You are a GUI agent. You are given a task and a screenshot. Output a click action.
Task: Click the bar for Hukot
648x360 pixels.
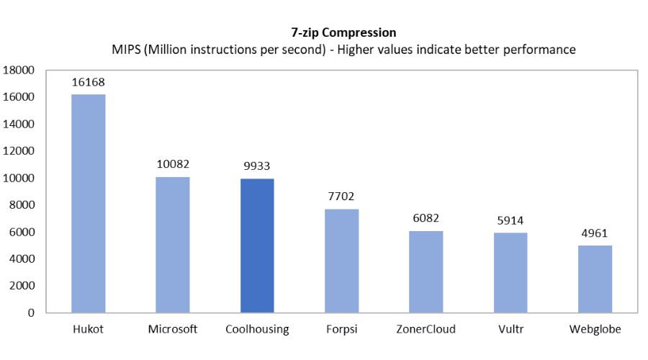click(x=89, y=204)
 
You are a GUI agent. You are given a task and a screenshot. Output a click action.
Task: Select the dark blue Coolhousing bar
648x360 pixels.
click(x=257, y=246)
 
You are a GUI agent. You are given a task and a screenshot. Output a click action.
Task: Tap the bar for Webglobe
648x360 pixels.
click(x=595, y=279)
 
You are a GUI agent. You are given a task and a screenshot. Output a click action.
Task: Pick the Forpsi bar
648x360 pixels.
click(x=341, y=261)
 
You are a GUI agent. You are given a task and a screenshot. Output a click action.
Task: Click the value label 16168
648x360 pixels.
click(x=89, y=82)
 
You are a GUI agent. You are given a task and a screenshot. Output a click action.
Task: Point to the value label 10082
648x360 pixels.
click(x=173, y=164)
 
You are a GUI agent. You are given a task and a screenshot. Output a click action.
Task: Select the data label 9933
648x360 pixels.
click(x=257, y=166)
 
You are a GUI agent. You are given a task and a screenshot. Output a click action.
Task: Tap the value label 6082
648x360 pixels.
click(x=426, y=218)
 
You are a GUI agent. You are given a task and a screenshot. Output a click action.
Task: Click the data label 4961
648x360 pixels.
click(x=595, y=233)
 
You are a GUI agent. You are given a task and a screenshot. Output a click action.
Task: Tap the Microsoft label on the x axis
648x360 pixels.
click(x=173, y=330)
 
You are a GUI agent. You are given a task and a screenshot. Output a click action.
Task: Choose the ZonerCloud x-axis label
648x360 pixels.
click(x=426, y=330)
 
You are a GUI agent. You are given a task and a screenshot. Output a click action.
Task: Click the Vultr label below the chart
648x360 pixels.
click(x=510, y=330)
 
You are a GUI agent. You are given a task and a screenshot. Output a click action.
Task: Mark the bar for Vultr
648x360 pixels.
click(x=510, y=273)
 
